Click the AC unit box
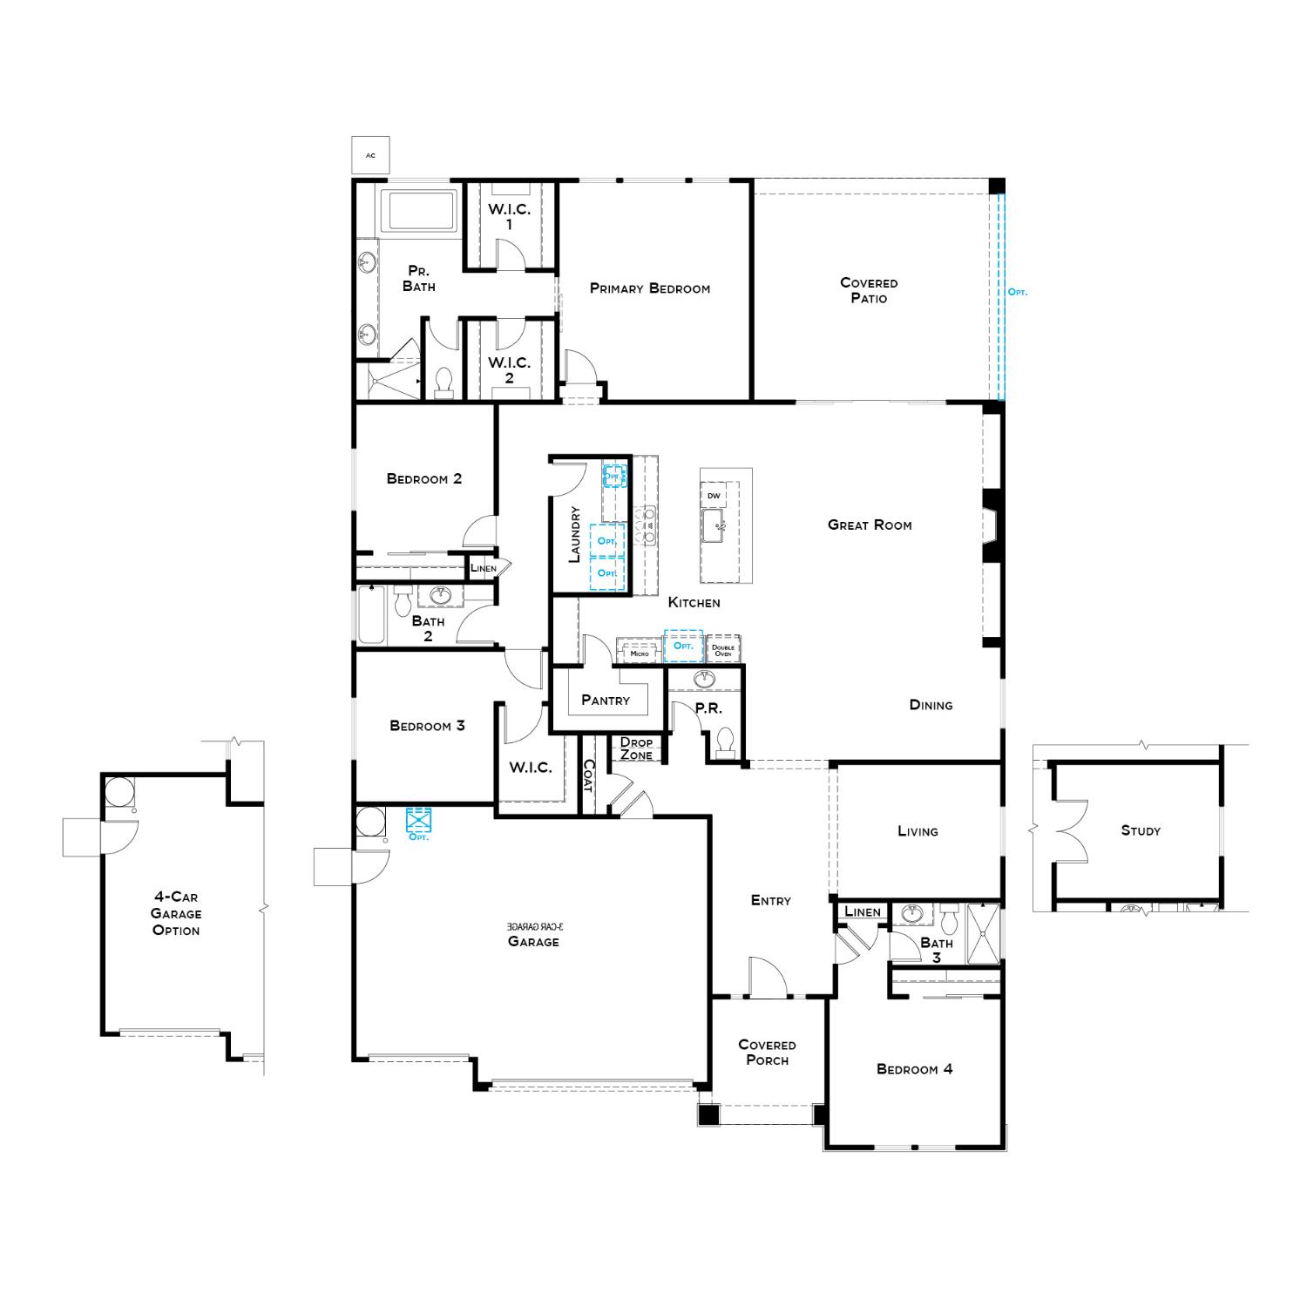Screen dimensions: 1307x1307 pyautogui.click(x=370, y=155)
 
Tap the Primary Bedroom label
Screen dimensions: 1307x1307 pyautogui.click(x=649, y=288)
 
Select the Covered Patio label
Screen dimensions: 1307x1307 pyautogui.click(x=869, y=290)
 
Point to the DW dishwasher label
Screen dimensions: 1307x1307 pyautogui.click(x=714, y=496)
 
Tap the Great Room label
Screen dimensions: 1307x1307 pyautogui.click(x=870, y=525)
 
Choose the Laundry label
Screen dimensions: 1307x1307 pyautogui.click(x=574, y=534)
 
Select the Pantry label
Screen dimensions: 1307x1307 pyautogui.click(x=605, y=700)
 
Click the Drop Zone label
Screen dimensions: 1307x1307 pyautogui.click(x=636, y=748)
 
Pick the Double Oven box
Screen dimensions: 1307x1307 pyautogui.click(x=723, y=650)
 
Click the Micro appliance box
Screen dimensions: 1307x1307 pyautogui.click(x=640, y=651)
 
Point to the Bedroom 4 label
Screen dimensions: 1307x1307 pyautogui.click(x=914, y=1069)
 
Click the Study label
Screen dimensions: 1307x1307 pyautogui.click(x=1141, y=830)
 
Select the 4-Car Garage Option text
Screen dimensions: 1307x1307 pyautogui.click(x=176, y=913)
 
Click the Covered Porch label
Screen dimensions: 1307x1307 pyautogui.click(x=767, y=1052)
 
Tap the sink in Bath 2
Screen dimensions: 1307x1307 pyautogui.click(x=442, y=596)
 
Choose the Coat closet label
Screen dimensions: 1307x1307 pyautogui.click(x=588, y=775)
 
